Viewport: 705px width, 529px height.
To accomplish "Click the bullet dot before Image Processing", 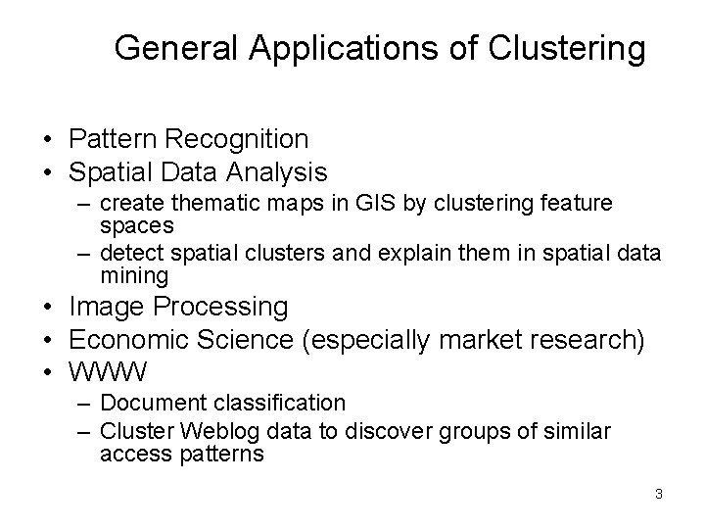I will [47, 307].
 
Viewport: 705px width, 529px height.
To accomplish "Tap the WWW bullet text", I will [109, 371].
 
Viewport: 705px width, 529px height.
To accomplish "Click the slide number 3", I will [659, 494].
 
